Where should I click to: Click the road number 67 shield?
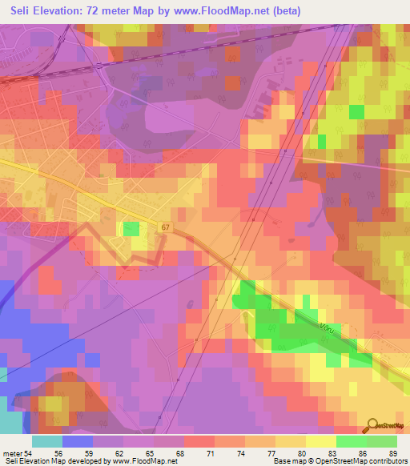tap(165, 228)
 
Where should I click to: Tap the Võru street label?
tap(327, 327)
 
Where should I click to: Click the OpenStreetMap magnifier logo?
tap(372, 426)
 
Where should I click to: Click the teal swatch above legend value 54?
tap(47, 441)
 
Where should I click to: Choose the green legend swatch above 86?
tap(352, 441)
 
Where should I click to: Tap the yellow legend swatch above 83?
tap(321, 441)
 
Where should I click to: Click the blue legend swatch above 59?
tap(78, 441)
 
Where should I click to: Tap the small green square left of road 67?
tap(131, 229)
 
